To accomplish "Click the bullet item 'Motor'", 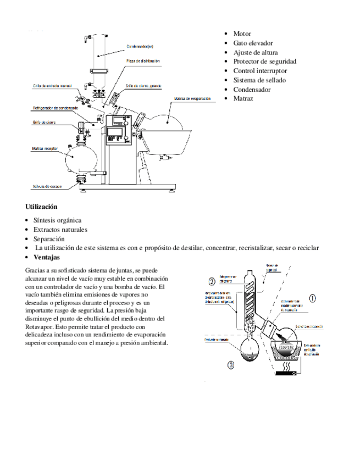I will click(x=242, y=34).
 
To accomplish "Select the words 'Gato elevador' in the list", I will click(x=253, y=43).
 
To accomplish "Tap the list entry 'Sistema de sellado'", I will click(x=259, y=80).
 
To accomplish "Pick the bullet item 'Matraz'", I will click(x=243, y=99).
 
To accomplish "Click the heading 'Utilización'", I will click(x=41, y=207).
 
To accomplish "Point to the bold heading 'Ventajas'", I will click(x=47, y=257).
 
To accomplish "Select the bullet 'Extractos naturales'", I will click(x=60, y=229).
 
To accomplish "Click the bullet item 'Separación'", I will click(x=49, y=239).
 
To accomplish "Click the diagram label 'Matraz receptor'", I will click(x=45, y=149).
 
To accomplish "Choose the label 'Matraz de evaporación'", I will click(x=193, y=99).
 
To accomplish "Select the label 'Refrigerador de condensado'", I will click(x=55, y=108).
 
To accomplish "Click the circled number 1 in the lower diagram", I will click(x=313, y=298).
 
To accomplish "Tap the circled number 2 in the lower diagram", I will click(x=211, y=282).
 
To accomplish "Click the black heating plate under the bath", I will click(x=286, y=374).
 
